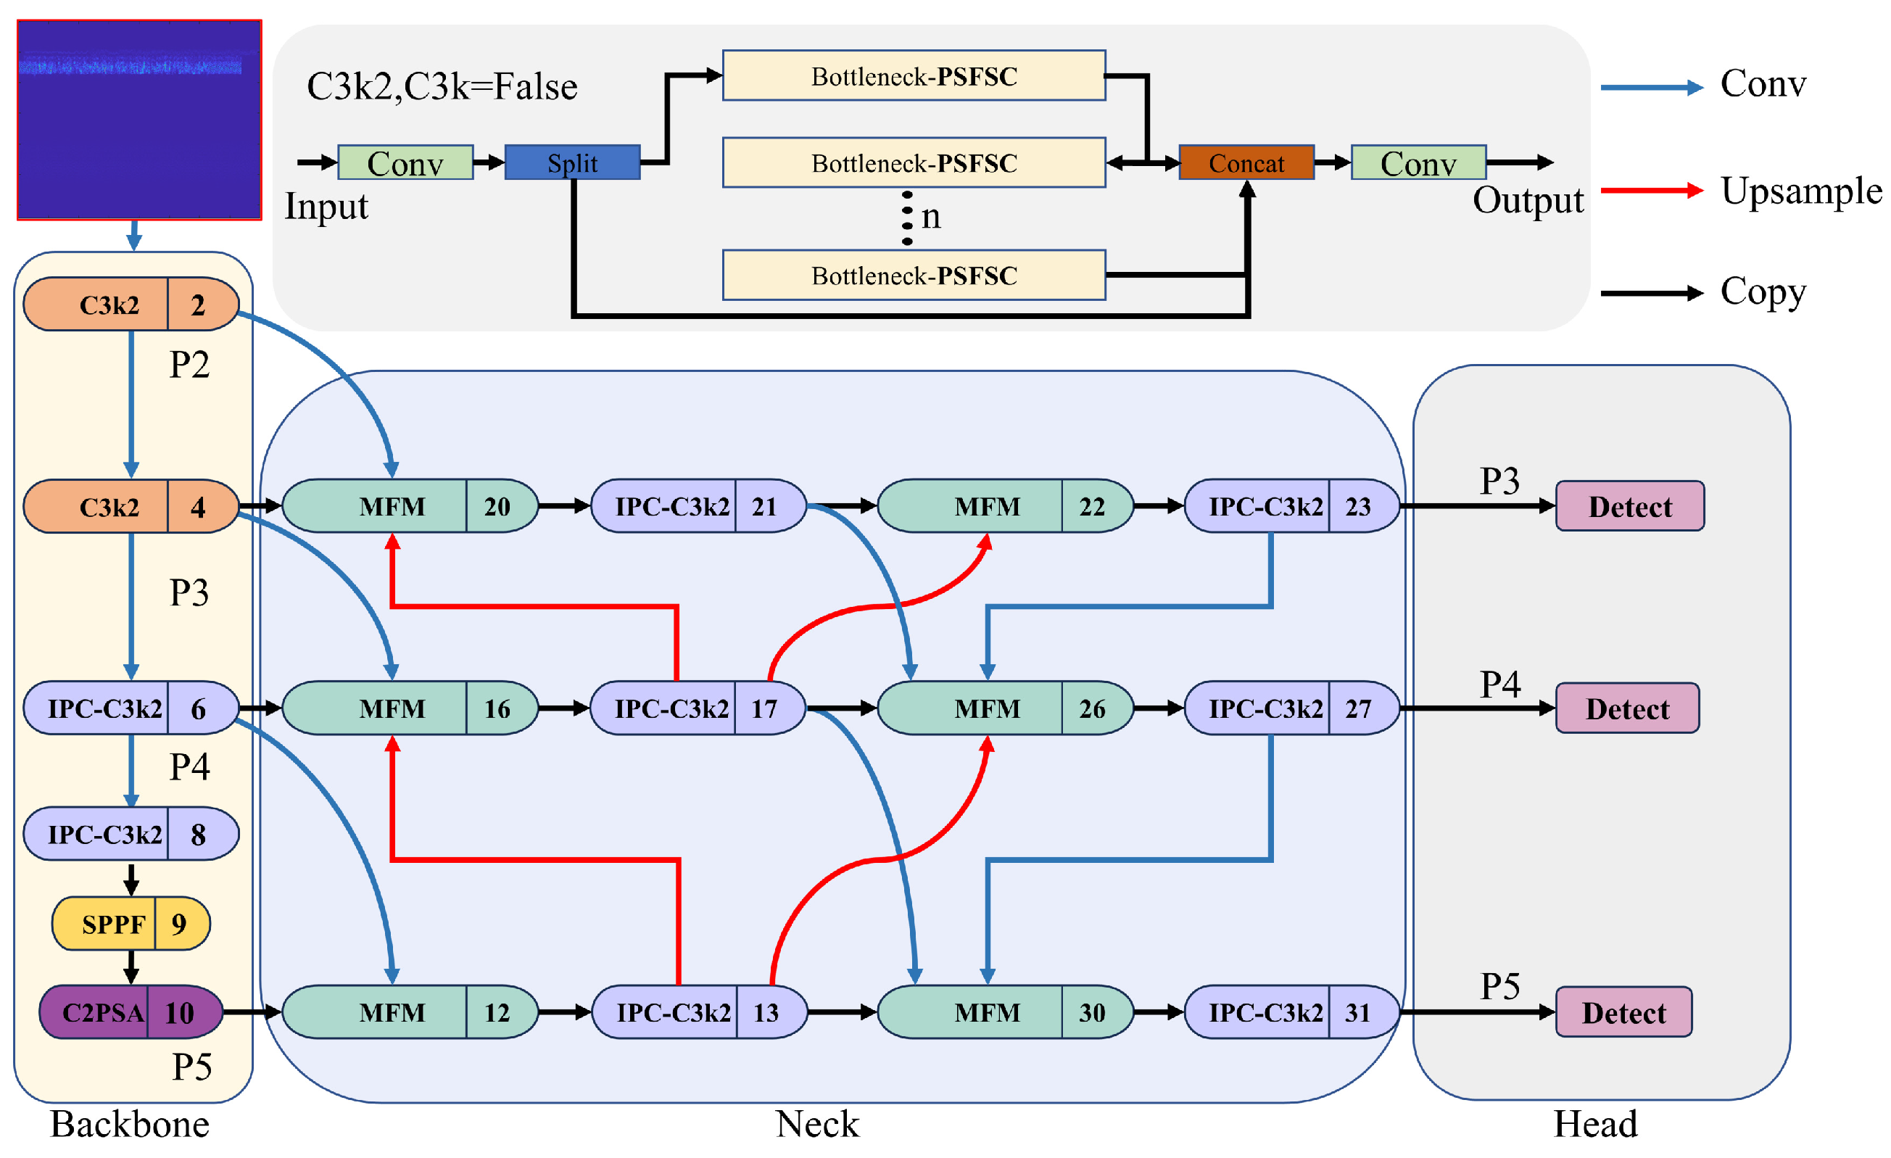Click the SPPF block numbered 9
[131, 923]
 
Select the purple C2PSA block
[131, 1012]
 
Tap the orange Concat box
[1246, 162]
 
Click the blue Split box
[572, 162]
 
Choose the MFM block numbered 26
[1005, 708]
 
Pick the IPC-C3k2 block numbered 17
[698, 708]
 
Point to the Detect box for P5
[1623, 1012]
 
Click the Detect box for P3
[1629, 506]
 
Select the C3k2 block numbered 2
[131, 305]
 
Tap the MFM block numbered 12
[410, 1012]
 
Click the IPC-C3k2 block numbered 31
[1291, 1012]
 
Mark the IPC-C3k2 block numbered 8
[131, 833]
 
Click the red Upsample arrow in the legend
[1651, 190]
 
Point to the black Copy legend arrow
[1651, 293]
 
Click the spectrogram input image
[139, 120]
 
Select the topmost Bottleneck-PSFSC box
[914, 76]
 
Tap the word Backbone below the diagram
[130, 1124]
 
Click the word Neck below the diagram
[816, 1124]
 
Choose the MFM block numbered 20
[410, 506]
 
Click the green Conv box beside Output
[1418, 162]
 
